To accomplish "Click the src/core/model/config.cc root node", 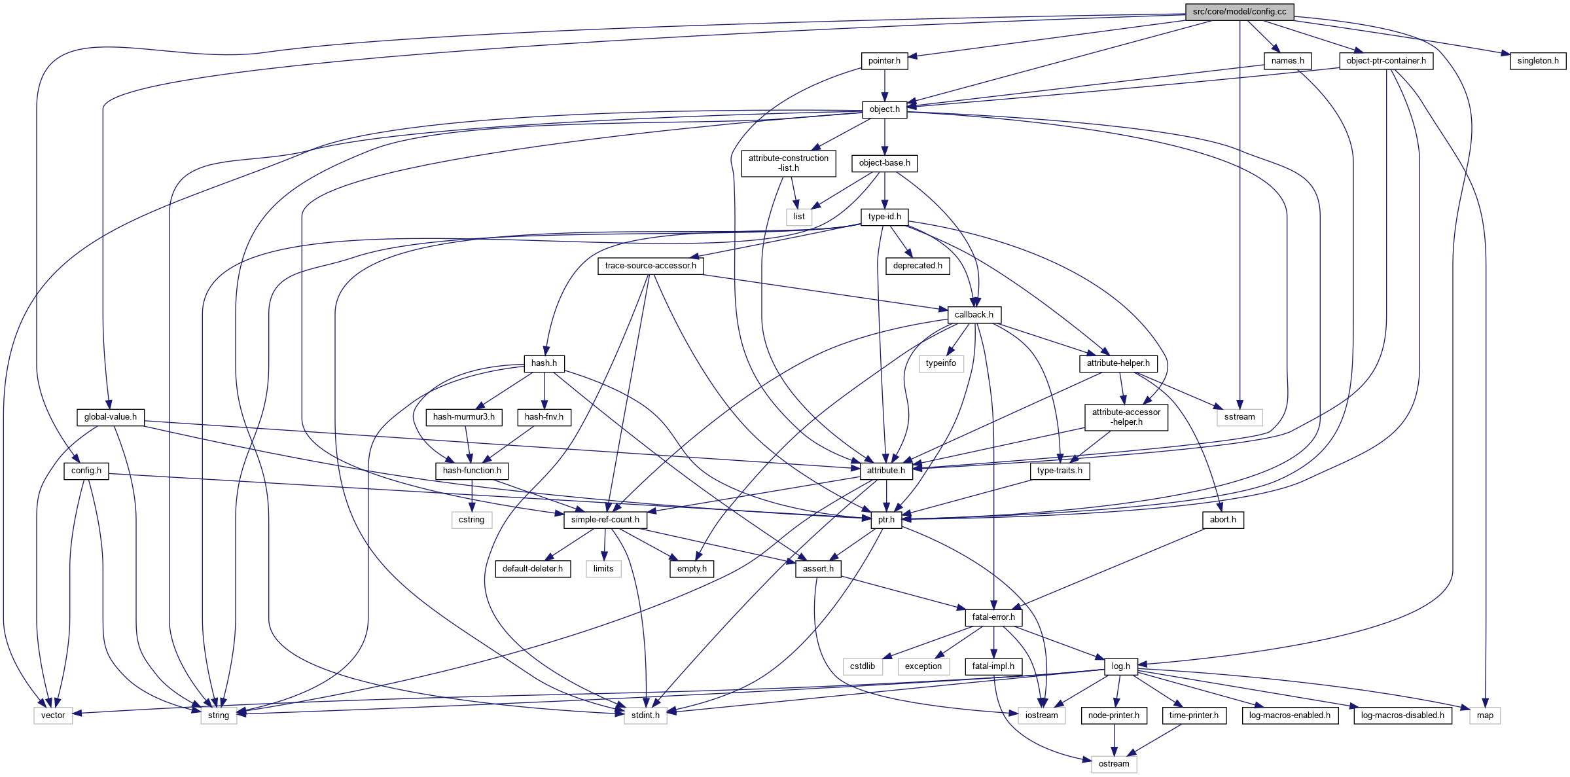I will (1239, 12).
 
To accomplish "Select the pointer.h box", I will (884, 61).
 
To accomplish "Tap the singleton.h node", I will (1537, 61).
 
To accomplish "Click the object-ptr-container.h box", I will (1385, 61).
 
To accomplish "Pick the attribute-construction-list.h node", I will (788, 163).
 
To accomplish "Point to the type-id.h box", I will (884, 217).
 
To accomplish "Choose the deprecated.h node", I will (918, 266).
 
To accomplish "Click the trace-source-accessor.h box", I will (651, 266).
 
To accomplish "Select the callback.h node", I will (974, 315).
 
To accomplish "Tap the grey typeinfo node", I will (940, 363).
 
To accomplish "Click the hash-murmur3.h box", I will (464, 417).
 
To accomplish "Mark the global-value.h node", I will (110, 417).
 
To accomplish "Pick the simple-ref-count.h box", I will (605, 520).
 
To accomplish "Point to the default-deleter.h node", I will (532, 569).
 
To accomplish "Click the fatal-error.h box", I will (993, 617).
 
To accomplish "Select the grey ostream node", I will (1113, 764).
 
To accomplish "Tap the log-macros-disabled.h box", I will (1402, 715).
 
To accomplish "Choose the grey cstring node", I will (471, 520).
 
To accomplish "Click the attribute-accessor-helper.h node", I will (1126, 417).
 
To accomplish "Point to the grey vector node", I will (53, 715).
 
